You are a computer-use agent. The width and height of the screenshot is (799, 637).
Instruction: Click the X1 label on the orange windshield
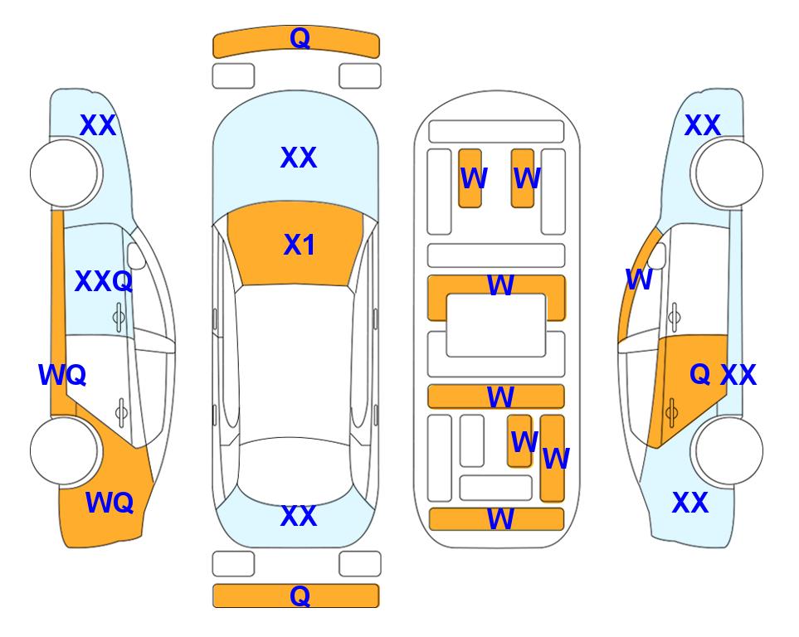coord(300,245)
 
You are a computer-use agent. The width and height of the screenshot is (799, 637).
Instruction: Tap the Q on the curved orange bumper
coord(300,38)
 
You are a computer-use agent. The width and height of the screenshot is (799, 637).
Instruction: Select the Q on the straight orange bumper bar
coord(300,596)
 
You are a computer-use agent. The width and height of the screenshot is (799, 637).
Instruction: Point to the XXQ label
coord(104,281)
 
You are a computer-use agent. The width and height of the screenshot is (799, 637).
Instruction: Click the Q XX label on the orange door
coord(723,375)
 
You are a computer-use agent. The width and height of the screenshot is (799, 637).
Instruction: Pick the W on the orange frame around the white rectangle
coord(500,285)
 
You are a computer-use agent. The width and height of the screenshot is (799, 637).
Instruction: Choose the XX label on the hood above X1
coord(299,158)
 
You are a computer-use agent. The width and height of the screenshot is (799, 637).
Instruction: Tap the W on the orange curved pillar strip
coord(639,280)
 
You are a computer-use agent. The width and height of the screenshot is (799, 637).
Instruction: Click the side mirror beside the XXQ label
coord(135,256)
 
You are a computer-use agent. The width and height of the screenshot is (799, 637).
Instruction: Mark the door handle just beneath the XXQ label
coord(119,318)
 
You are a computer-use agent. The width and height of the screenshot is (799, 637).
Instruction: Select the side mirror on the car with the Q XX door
coord(657,256)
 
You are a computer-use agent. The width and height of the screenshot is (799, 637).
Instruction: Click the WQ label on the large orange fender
coord(110,503)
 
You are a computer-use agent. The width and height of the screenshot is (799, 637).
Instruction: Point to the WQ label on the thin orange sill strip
coord(62,375)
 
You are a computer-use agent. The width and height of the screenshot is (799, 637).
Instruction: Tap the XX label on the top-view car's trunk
coord(299,516)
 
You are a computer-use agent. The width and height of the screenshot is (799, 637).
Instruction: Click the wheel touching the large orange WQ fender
coord(65,450)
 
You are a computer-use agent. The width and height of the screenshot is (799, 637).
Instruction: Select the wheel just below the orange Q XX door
coord(728,450)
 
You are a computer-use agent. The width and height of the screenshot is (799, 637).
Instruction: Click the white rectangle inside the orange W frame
coord(496,325)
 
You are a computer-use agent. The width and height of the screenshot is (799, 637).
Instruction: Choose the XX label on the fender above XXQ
coord(98,125)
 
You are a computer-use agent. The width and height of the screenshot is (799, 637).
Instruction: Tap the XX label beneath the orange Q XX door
coord(690,503)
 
